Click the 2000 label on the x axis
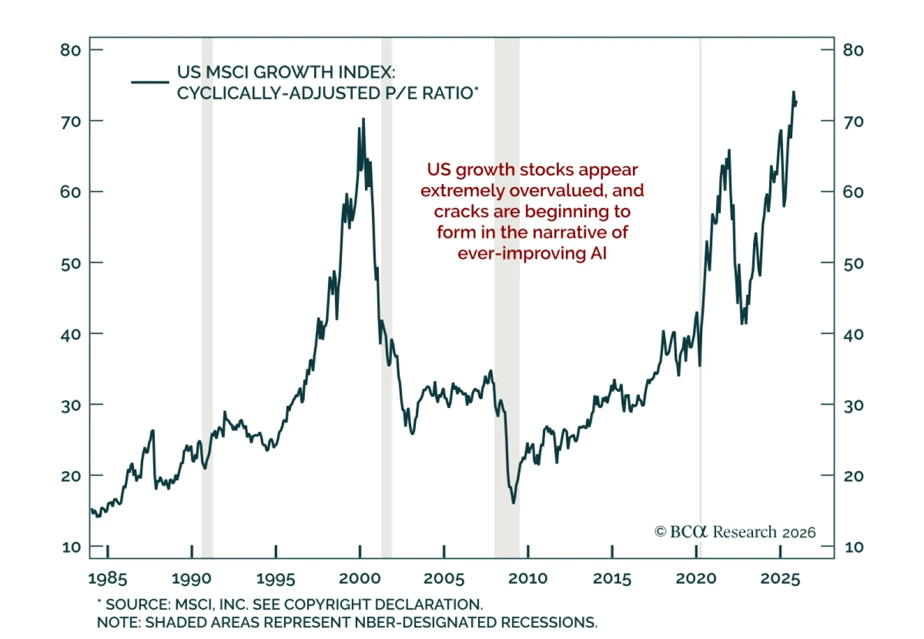[359, 578]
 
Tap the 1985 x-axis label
[107, 578]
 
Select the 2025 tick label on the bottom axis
[780, 578]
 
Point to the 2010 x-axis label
[527, 578]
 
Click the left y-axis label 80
[70, 50]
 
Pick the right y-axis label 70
[853, 122]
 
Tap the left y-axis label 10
[71, 547]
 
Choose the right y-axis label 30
[853, 406]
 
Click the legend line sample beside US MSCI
[150, 82]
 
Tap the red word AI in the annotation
[598, 253]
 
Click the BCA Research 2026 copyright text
[735, 532]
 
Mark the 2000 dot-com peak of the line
[363, 119]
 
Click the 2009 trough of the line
[513, 502]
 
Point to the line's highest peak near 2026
[793, 92]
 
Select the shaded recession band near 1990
[207, 289]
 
